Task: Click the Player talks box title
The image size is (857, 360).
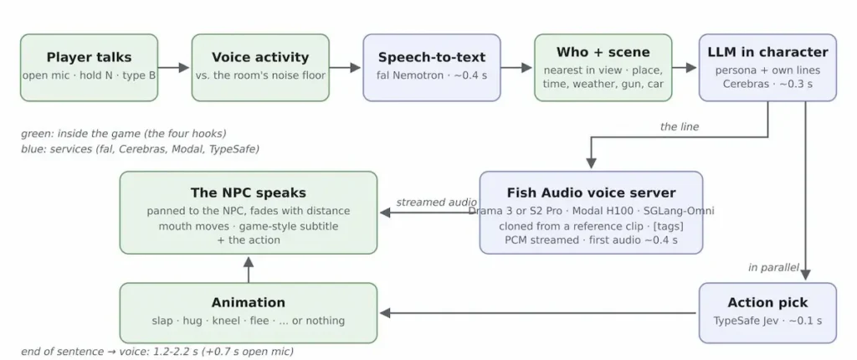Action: pos(89,58)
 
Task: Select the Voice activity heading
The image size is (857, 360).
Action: pos(260,58)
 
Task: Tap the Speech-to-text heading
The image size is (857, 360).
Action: pos(432,58)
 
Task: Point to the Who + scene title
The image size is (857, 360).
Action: pos(603,52)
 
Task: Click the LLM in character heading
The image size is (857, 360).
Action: pos(767,52)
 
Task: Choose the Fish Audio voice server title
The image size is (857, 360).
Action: pos(591,193)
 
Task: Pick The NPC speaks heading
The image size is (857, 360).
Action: pos(248,193)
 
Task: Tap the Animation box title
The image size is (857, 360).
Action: pos(248,302)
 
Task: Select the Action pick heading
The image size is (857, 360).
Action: pos(767,302)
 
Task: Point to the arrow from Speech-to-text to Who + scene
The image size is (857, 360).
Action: pos(516,67)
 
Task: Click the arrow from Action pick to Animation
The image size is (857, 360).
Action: pos(539,313)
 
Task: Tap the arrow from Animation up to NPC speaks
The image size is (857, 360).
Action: pos(249,270)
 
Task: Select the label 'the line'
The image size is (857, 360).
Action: pos(680,127)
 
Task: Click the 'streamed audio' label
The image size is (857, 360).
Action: pos(436,203)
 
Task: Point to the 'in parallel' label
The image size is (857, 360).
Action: pos(773,268)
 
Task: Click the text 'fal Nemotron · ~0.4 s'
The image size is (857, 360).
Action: pos(432,75)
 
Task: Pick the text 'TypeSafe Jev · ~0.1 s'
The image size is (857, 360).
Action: pos(767,321)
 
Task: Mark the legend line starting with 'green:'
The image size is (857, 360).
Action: pos(124,133)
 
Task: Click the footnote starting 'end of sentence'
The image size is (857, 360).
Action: pos(157,352)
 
